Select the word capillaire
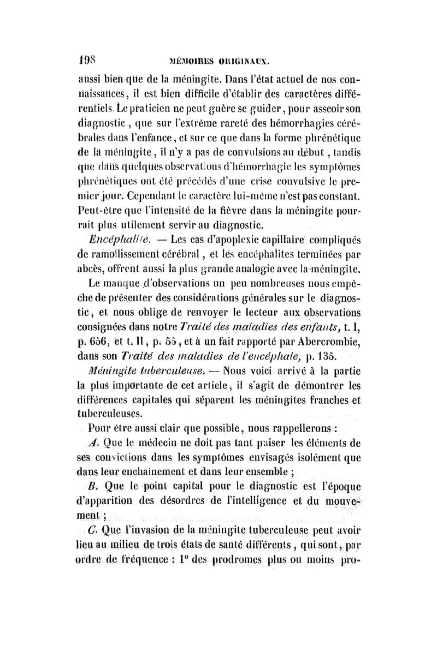(x=279, y=239)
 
